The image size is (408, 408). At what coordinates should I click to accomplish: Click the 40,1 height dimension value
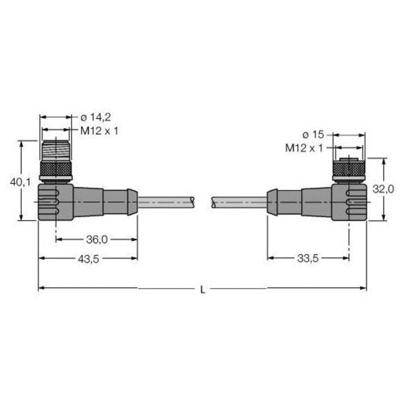click(20, 182)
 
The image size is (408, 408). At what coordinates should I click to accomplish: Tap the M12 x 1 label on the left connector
click(99, 131)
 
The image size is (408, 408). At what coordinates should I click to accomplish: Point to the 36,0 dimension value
click(97, 240)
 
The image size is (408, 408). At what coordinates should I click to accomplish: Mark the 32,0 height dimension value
click(384, 189)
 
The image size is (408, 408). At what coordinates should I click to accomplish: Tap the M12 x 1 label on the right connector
click(304, 148)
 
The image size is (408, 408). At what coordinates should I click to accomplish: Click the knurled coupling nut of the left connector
click(55, 168)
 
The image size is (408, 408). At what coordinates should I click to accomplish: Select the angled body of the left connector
click(56, 202)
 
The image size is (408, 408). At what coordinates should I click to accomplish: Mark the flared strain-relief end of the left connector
click(133, 202)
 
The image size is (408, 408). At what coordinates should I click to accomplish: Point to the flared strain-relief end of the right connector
click(272, 202)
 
